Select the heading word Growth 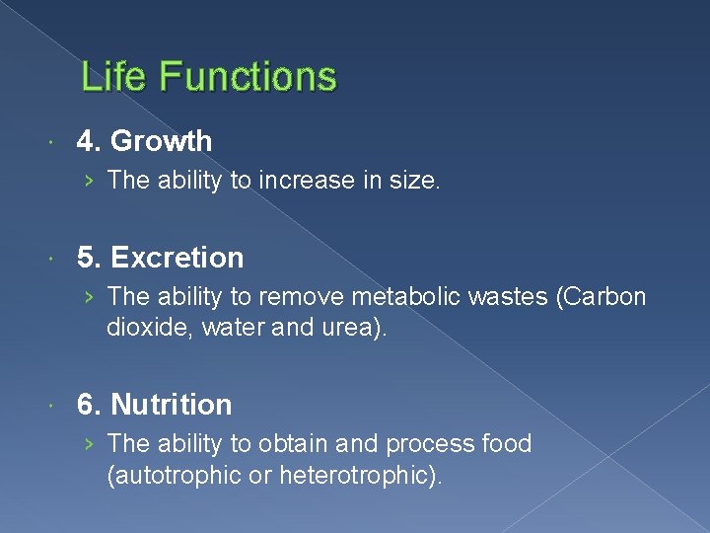click(x=161, y=141)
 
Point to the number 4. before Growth click(x=90, y=141)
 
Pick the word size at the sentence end click(x=414, y=181)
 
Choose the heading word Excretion click(x=177, y=258)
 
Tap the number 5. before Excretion click(x=90, y=258)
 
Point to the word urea click(x=355, y=328)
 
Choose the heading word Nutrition click(x=172, y=405)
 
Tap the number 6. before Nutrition click(x=90, y=405)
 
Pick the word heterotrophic click(x=360, y=475)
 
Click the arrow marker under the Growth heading click(x=90, y=181)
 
